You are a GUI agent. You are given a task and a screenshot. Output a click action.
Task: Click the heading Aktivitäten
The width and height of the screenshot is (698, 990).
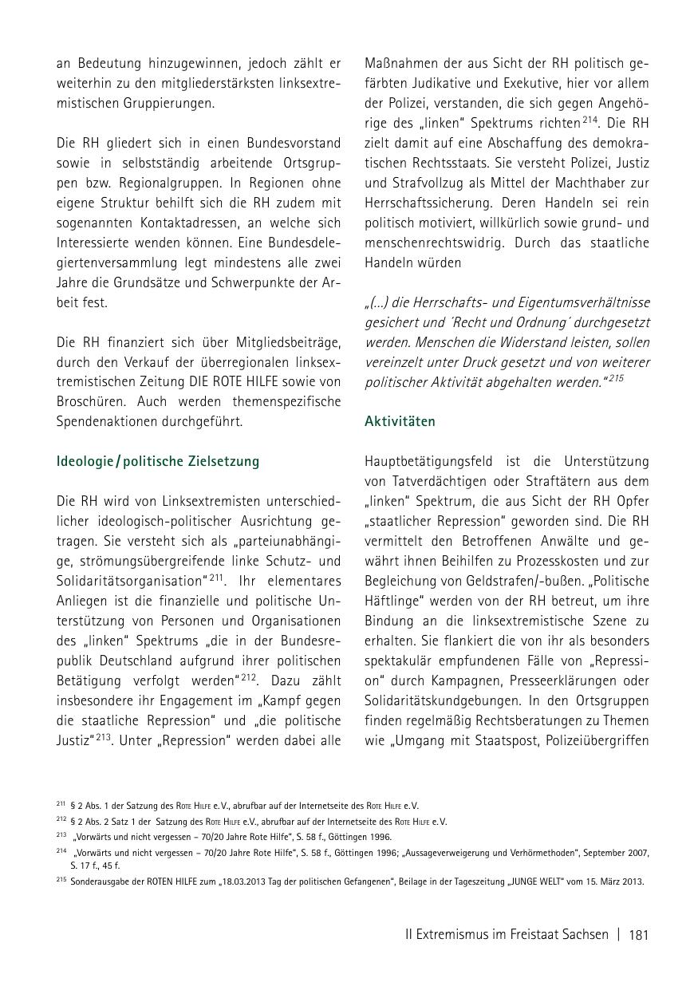click(400, 420)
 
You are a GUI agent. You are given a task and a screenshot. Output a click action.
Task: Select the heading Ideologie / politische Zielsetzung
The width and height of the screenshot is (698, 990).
click(158, 461)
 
